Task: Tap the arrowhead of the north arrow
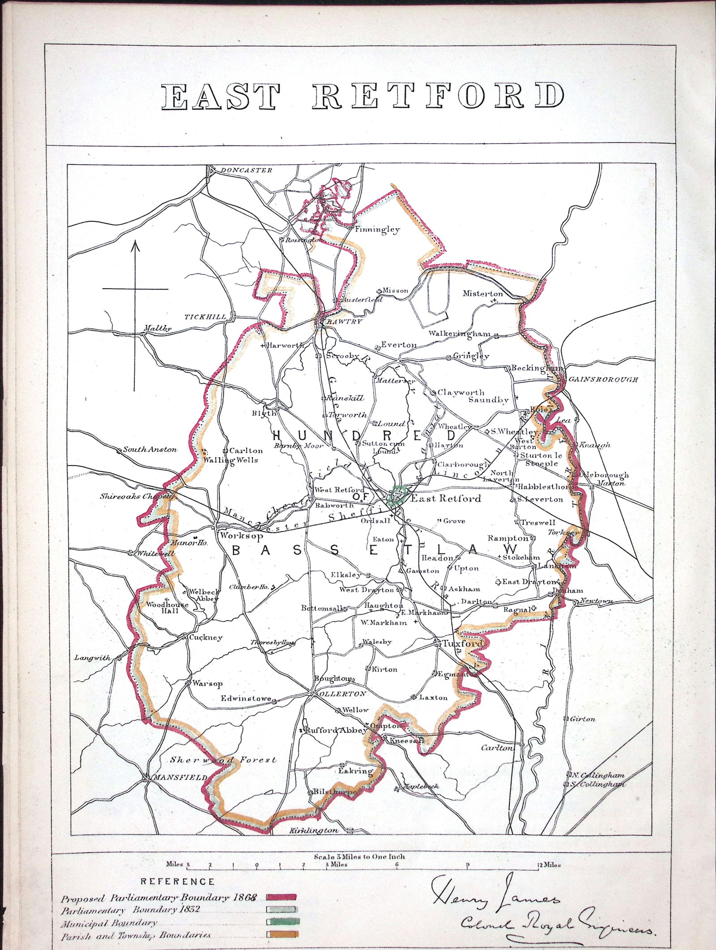[136, 246]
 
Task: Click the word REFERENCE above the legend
[178, 869]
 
